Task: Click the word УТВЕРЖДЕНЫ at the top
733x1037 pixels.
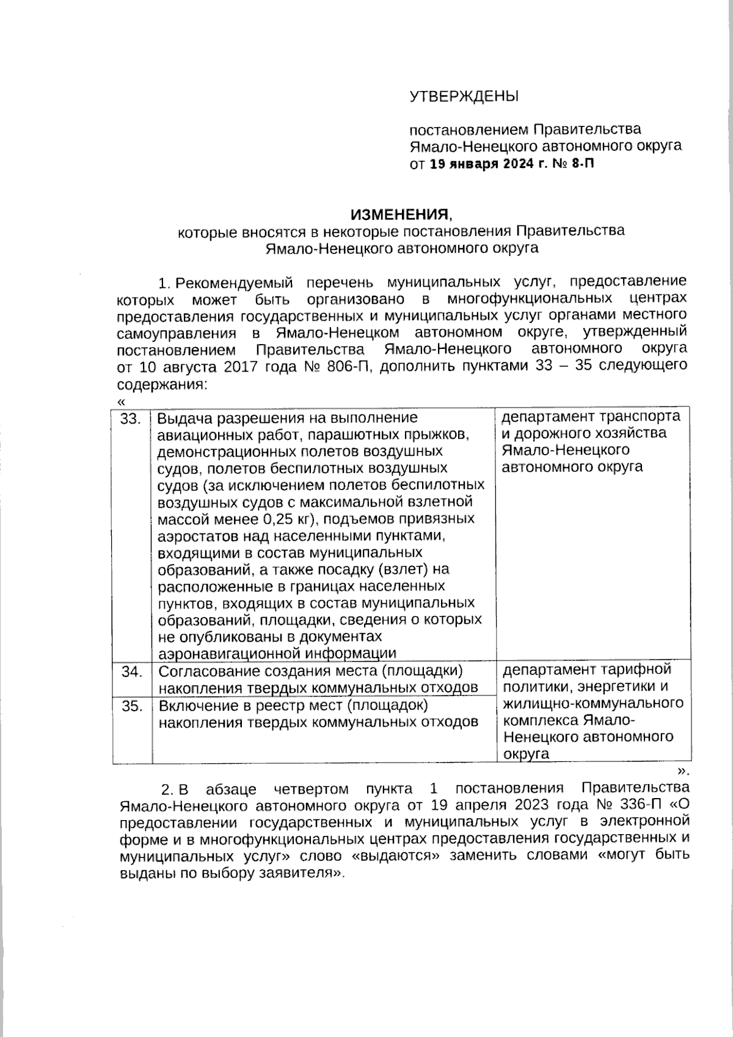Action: click(464, 97)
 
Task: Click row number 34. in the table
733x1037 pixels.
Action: click(132, 672)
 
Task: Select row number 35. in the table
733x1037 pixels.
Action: click(132, 706)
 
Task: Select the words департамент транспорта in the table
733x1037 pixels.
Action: click(591, 417)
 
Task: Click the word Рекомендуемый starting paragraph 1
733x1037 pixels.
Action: click(234, 282)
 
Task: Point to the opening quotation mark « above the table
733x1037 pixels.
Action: click(120, 401)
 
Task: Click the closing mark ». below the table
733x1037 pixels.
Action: click(684, 770)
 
